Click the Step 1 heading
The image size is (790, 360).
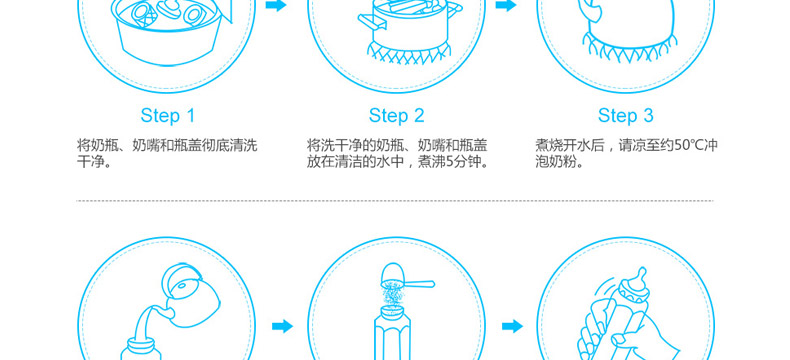[167, 115]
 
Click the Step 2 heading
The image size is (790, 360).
[397, 115]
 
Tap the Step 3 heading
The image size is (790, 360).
[625, 115]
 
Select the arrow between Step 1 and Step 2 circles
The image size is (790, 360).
[276, 6]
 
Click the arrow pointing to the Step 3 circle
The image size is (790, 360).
[505, 6]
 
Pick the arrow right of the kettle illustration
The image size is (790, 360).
[282, 326]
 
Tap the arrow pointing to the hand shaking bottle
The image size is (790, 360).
[512, 326]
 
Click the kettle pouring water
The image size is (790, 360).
[189, 292]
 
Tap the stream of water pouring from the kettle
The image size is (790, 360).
[145, 325]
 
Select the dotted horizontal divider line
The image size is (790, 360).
[395, 201]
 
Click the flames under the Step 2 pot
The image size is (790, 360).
[409, 53]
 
